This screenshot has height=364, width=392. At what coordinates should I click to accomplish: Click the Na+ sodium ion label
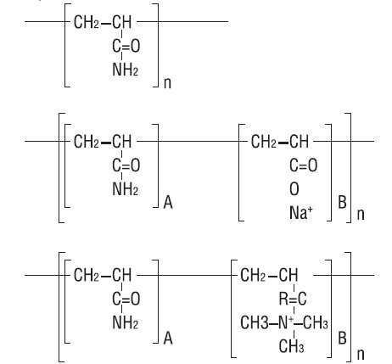tap(301, 213)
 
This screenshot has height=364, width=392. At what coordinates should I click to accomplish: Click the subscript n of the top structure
tap(167, 82)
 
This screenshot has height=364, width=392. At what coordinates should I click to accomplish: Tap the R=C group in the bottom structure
tap(293, 299)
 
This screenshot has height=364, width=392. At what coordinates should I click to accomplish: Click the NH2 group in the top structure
tap(126, 70)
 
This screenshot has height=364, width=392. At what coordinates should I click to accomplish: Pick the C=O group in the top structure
tap(126, 46)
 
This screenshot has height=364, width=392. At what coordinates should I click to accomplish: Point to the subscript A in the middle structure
tap(168, 202)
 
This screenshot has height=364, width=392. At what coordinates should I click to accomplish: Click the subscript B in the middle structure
tap(342, 202)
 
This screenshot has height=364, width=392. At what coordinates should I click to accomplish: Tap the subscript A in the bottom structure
tap(168, 338)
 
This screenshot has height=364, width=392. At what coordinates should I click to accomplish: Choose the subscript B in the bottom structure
tap(342, 338)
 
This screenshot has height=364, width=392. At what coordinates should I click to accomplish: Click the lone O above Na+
tap(294, 189)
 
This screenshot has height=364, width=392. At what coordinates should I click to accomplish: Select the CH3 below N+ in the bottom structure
tap(291, 346)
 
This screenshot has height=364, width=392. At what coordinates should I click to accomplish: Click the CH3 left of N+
tap(255, 322)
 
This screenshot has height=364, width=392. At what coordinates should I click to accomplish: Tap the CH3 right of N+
tap(316, 322)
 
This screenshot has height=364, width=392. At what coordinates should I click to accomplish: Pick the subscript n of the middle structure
tap(361, 214)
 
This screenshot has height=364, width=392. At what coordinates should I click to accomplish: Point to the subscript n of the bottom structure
tap(361, 354)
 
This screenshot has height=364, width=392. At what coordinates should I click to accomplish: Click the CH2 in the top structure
tap(87, 22)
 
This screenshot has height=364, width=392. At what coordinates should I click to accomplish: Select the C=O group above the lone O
tap(303, 165)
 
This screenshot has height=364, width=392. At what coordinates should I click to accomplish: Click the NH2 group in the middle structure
tap(126, 189)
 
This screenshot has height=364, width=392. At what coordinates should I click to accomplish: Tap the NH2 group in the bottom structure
tap(126, 322)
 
